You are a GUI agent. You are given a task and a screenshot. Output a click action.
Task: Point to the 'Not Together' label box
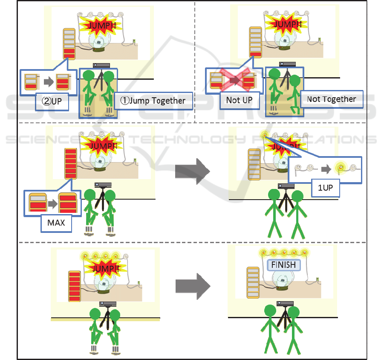click(332, 99)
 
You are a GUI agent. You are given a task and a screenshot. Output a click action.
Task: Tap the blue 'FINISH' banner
click(284, 265)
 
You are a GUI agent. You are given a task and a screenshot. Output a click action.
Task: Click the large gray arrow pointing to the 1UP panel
click(193, 171)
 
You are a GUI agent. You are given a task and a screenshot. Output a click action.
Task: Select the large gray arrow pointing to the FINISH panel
click(193, 286)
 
